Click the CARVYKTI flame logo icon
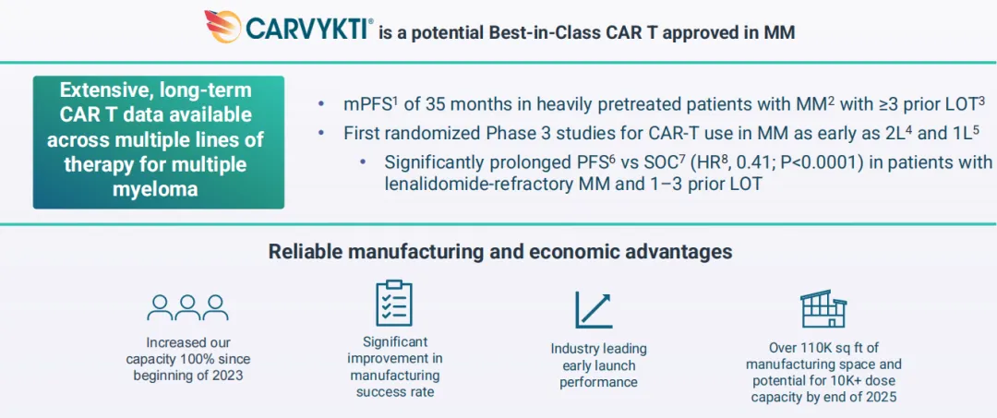[x=222, y=26]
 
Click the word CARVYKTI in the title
[x=306, y=29]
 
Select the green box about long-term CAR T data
[x=159, y=142]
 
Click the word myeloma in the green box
[x=159, y=190]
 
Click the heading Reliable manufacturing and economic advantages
[x=499, y=252]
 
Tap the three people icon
[x=187, y=307]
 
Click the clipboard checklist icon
[x=394, y=303]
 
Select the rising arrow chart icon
[x=594, y=309]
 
